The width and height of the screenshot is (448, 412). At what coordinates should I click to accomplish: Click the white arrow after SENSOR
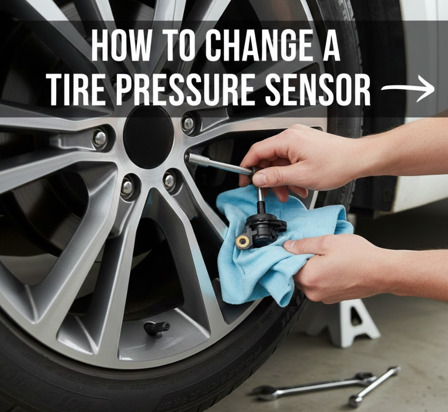[x=408, y=89]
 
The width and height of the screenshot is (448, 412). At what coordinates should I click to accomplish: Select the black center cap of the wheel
[x=148, y=137]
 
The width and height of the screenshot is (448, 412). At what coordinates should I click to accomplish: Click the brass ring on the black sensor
[x=242, y=241]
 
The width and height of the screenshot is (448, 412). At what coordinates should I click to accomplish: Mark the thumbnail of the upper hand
[x=260, y=178]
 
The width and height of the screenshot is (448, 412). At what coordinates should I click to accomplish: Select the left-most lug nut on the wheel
[x=100, y=138]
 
